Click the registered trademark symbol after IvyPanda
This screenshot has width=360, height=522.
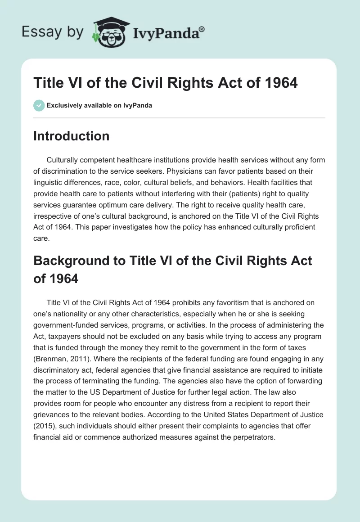tap(202, 29)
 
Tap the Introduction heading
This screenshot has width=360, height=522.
tap(71, 136)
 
